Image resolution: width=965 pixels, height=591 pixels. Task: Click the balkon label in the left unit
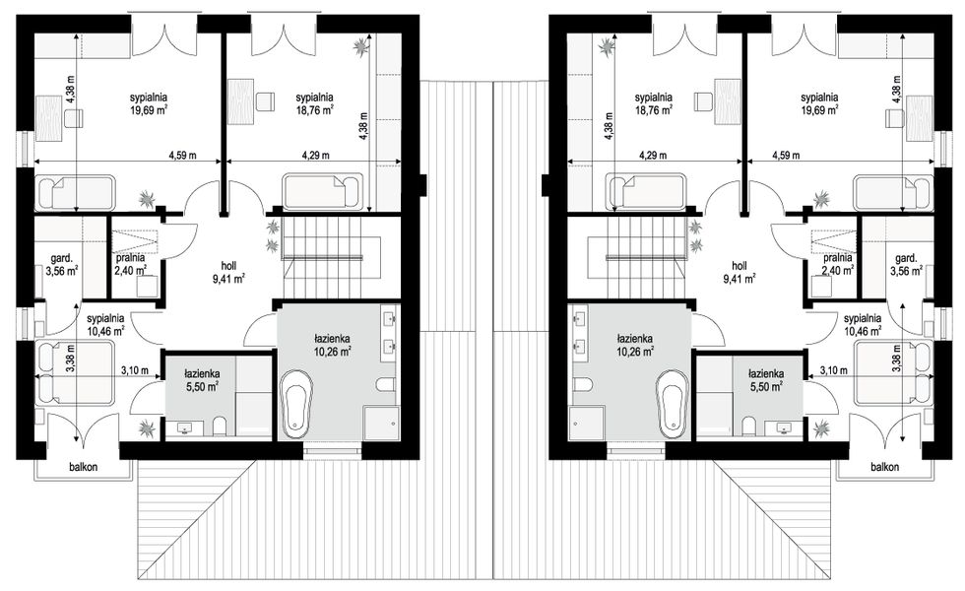83,467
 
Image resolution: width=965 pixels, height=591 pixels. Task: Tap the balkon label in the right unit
884,467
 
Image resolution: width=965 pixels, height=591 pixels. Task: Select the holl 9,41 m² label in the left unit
228,272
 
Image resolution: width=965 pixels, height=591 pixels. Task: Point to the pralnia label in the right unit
838,258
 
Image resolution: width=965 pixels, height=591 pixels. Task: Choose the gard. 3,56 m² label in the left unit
61,264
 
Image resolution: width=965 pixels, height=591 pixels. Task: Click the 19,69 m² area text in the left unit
149,110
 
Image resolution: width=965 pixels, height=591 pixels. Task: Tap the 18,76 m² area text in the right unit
653,110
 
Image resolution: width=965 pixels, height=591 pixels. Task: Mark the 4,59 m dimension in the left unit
182,156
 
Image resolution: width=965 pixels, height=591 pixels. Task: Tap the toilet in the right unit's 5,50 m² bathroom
747,426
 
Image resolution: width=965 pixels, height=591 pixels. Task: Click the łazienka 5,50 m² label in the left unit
202,380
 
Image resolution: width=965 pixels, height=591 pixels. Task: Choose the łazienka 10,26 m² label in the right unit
636,345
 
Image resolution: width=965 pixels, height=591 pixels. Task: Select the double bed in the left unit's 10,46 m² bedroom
75,373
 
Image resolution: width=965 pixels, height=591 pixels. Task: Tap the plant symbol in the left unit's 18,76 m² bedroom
360,47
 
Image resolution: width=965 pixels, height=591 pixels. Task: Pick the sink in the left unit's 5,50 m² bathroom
185,427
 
